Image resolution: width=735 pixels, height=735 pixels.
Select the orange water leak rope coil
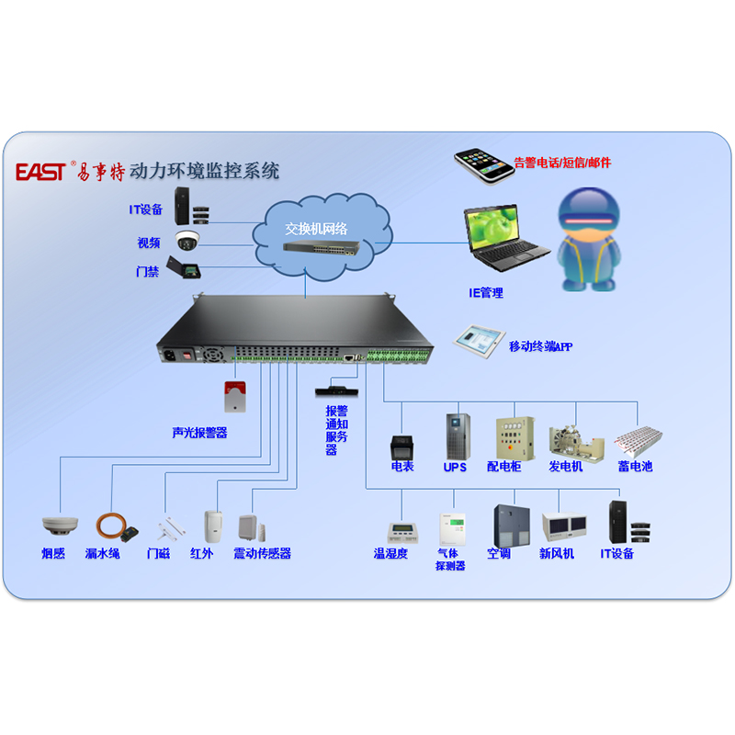114,526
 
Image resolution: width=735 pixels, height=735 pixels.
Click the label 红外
201,554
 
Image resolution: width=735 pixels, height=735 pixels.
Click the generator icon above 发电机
576,442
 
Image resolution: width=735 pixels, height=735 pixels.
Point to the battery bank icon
638,441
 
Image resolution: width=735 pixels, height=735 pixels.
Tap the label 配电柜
503,467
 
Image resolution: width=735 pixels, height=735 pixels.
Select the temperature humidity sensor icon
402,530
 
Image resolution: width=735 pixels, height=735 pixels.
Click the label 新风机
557,554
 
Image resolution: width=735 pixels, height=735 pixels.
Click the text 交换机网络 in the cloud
317,226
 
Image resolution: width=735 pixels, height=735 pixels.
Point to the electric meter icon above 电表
402,446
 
